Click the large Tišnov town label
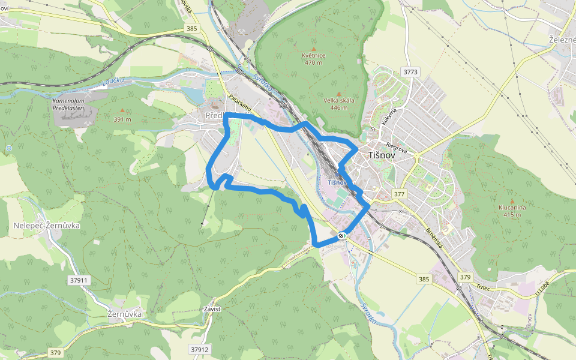383,155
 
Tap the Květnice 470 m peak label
314,59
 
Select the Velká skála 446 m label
338,104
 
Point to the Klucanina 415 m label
512,211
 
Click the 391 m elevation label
122,119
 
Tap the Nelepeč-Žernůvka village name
47,226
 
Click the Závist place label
212,308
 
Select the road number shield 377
399,194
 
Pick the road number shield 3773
410,72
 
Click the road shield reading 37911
79,280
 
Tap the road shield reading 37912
199,349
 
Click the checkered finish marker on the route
341,236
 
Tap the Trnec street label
484,287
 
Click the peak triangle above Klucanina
512,201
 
